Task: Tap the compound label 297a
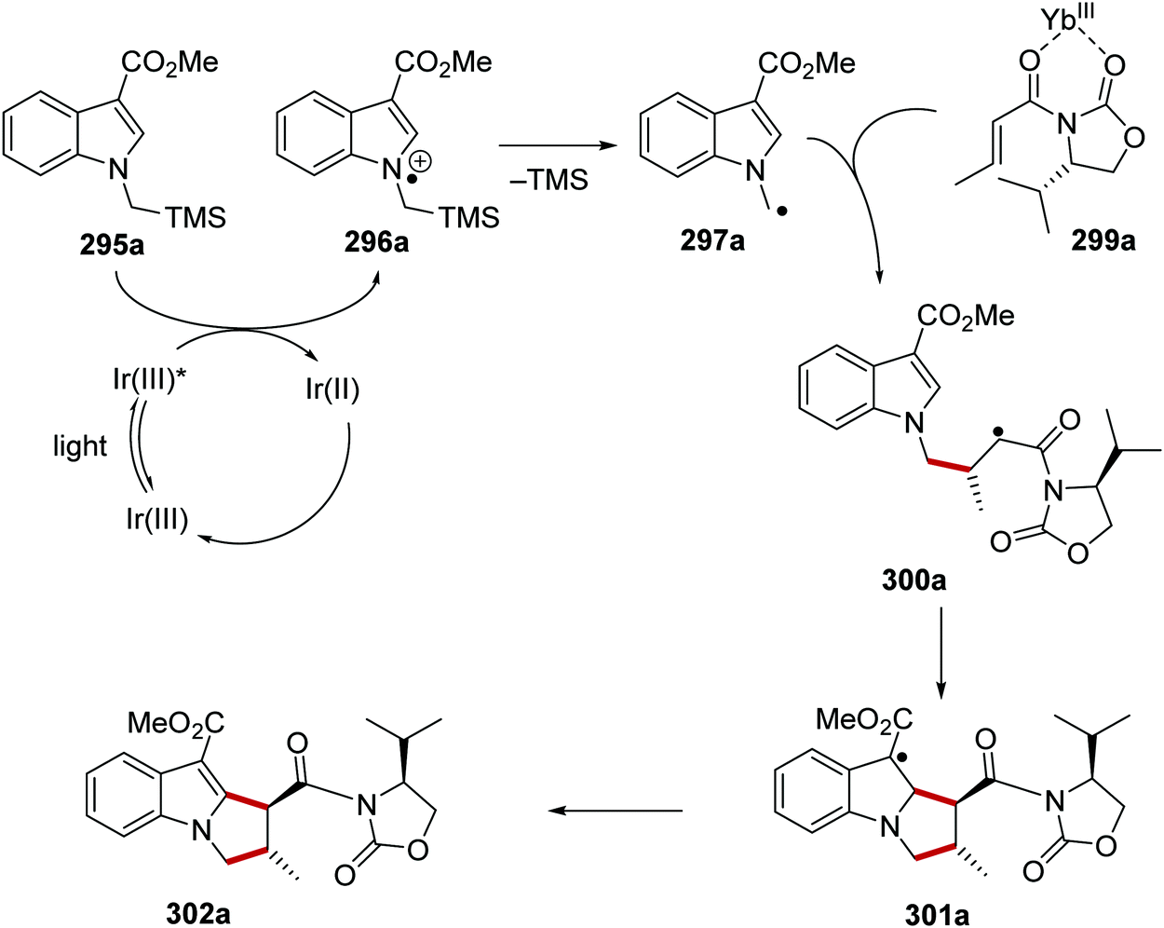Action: click(x=712, y=241)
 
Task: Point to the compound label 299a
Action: click(x=1103, y=240)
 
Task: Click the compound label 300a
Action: click(x=914, y=580)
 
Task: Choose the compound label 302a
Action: click(x=198, y=912)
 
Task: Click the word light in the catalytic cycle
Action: click(x=80, y=446)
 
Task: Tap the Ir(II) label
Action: click(x=332, y=388)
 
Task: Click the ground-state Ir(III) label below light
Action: click(x=157, y=518)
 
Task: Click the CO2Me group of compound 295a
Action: click(x=169, y=62)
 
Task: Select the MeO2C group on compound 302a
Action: click(x=176, y=722)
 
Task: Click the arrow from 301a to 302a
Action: click(x=615, y=810)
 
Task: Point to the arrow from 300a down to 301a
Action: click(x=941, y=652)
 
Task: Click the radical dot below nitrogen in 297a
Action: click(x=780, y=212)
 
